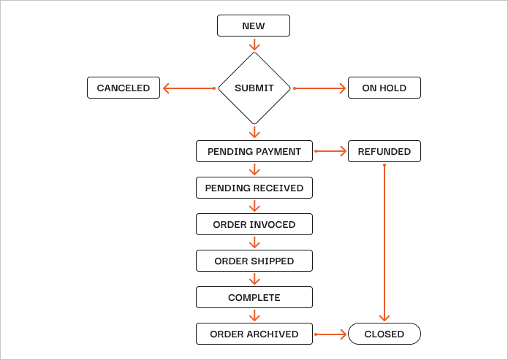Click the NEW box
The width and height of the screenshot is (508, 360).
pyautogui.click(x=254, y=26)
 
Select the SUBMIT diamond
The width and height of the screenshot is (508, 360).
pyautogui.click(x=254, y=88)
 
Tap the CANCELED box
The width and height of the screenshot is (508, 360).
pyautogui.click(x=124, y=88)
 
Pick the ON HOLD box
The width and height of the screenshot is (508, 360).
pyautogui.click(x=384, y=88)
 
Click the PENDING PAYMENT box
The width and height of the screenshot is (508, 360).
pyautogui.click(x=254, y=151)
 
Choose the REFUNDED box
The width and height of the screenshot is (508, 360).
pyautogui.click(x=384, y=151)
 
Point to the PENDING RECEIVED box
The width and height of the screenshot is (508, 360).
pyautogui.click(x=254, y=188)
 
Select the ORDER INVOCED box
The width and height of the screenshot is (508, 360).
pyautogui.click(x=254, y=224)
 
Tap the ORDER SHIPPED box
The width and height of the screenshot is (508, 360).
pyautogui.click(x=254, y=261)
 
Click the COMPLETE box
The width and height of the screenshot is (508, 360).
pyautogui.click(x=254, y=297)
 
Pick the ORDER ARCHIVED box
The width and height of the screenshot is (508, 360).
pyautogui.click(x=254, y=334)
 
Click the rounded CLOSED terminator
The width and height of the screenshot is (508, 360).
pyautogui.click(x=384, y=334)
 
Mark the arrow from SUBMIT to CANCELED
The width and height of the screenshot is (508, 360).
pyautogui.click(x=189, y=88)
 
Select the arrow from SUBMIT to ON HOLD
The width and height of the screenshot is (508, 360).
pyautogui.click(x=319, y=88)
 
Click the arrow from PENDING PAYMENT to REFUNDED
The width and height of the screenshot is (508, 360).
pyautogui.click(x=330, y=151)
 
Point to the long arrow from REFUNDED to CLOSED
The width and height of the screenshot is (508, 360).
pyautogui.click(x=384, y=243)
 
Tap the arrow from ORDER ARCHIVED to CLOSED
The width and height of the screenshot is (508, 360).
pyautogui.click(x=330, y=334)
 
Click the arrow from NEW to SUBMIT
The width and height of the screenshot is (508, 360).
pyautogui.click(x=254, y=45)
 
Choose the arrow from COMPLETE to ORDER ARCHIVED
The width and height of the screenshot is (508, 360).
pyautogui.click(x=254, y=315)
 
